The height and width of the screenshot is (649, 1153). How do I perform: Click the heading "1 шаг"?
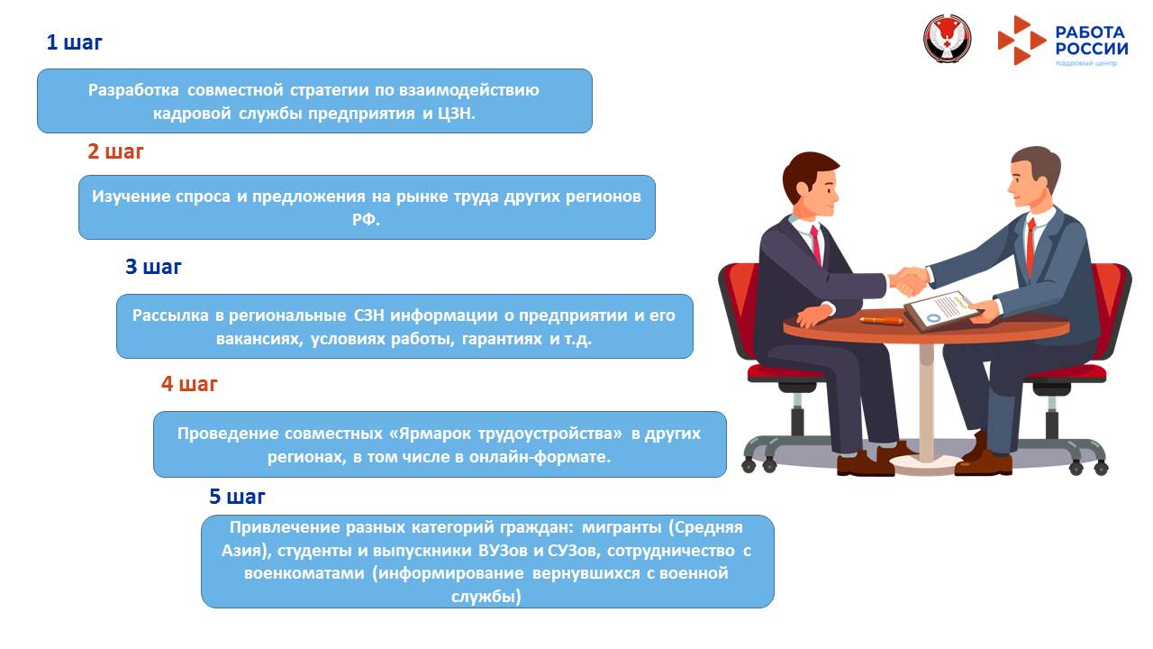[x=75, y=42]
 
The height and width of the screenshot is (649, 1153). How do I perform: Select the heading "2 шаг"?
[x=115, y=151]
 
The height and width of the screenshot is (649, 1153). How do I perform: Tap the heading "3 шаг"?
[x=153, y=267]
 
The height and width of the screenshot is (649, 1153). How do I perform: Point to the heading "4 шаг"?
[x=189, y=384]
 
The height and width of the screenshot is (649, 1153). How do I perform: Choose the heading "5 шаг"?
[x=237, y=497]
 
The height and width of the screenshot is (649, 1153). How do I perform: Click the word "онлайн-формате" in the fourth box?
[x=551, y=457]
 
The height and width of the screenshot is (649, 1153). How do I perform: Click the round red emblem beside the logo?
[x=946, y=40]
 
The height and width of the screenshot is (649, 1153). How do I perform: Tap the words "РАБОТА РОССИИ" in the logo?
[x=1091, y=40]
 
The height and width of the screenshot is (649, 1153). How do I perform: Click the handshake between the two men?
[x=910, y=279]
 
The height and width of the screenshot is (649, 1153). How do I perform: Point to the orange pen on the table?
[x=880, y=320]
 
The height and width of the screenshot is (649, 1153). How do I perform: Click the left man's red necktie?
[x=816, y=243]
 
